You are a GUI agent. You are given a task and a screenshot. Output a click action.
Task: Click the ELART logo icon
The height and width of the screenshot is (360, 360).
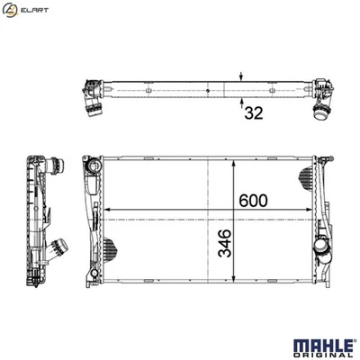click(11, 10)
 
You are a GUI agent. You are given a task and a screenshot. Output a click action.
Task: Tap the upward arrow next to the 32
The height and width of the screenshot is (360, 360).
click(240, 102)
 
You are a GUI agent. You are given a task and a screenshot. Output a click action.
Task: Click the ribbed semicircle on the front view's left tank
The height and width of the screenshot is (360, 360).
click(107, 247)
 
